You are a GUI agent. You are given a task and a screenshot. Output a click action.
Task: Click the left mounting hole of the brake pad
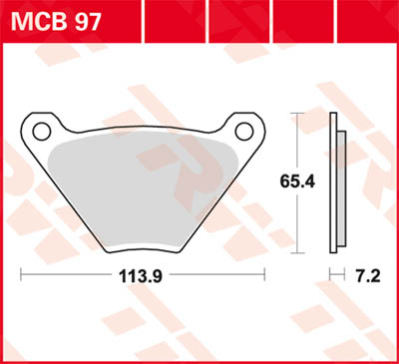(40, 130)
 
